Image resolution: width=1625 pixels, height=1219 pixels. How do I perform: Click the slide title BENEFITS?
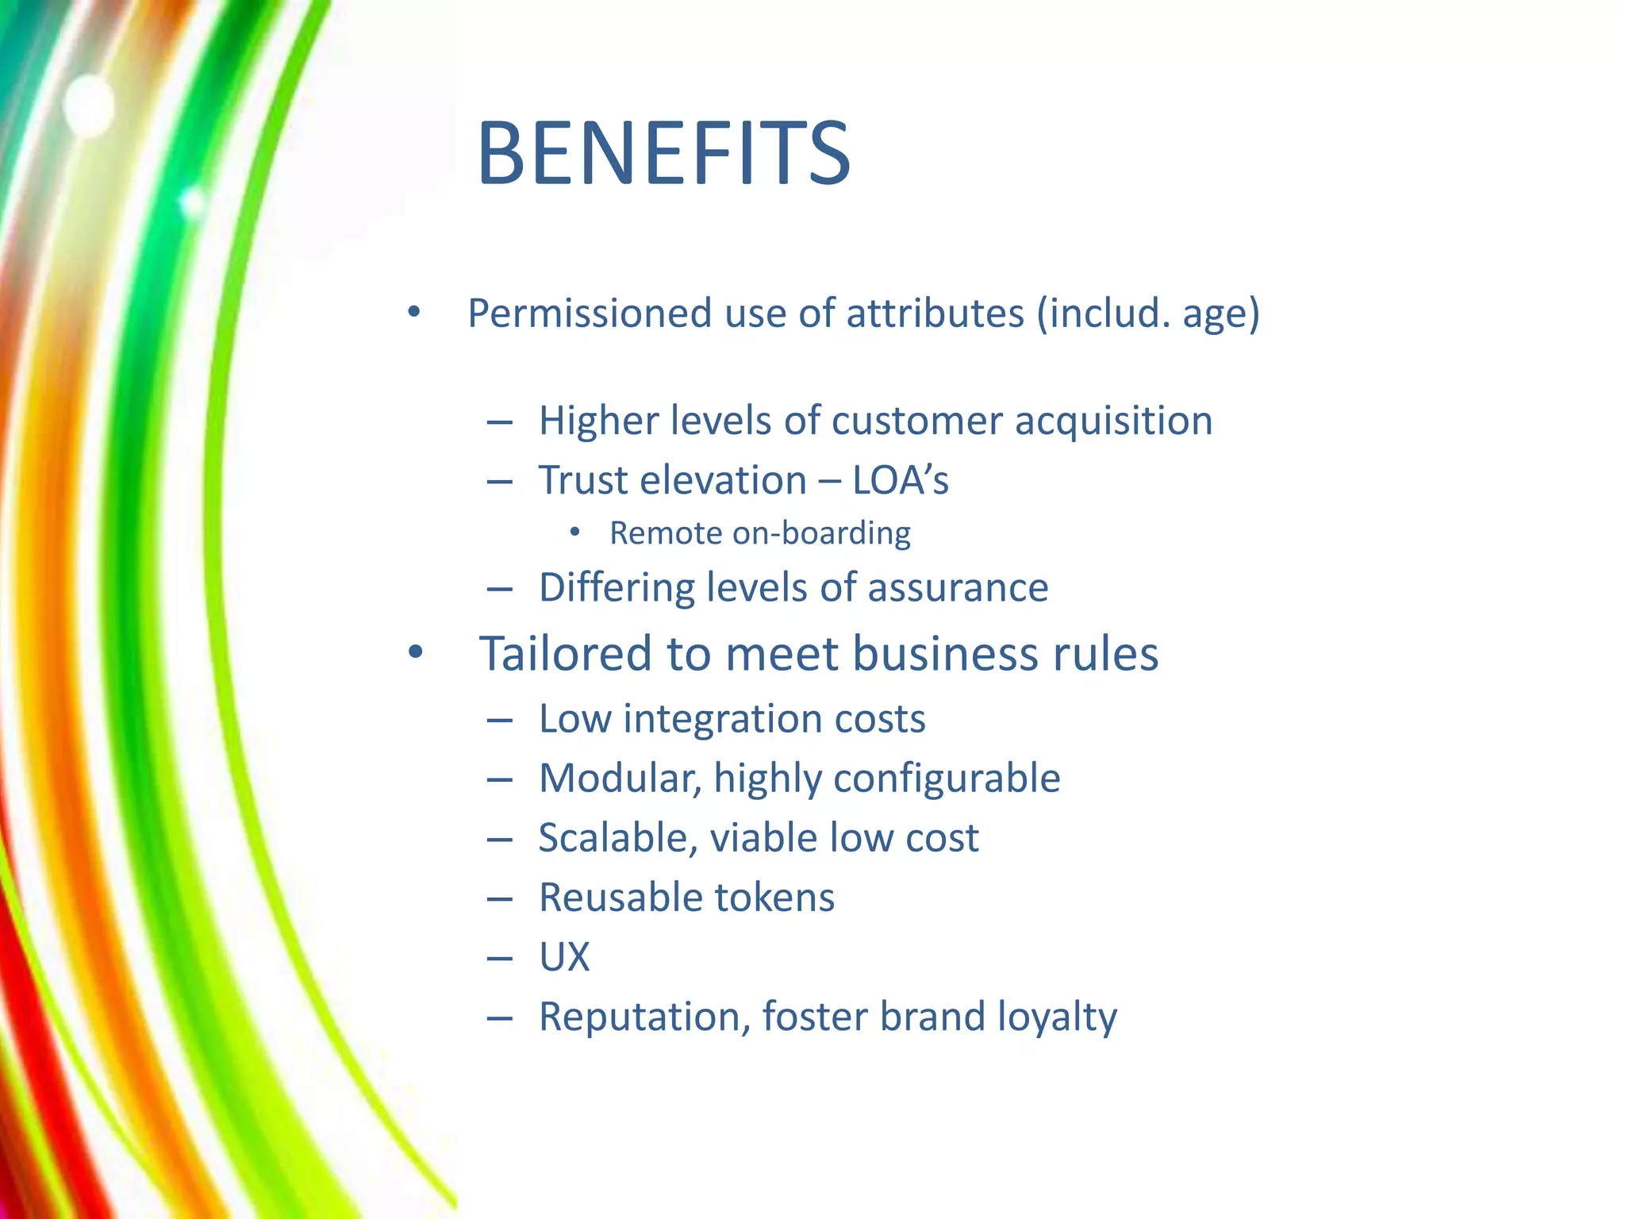click(x=663, y=153)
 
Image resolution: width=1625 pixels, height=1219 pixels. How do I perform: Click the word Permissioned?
click(x=589, y=313)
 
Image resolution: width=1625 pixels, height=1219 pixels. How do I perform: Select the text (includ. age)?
click(x=1148, y=313)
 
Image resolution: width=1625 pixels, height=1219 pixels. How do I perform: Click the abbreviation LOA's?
click(x=901, y=480)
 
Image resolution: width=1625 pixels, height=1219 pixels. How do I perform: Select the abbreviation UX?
click(x=564, y=957)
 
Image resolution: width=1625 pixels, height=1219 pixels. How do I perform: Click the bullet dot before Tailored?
click(x=415, y=653)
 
